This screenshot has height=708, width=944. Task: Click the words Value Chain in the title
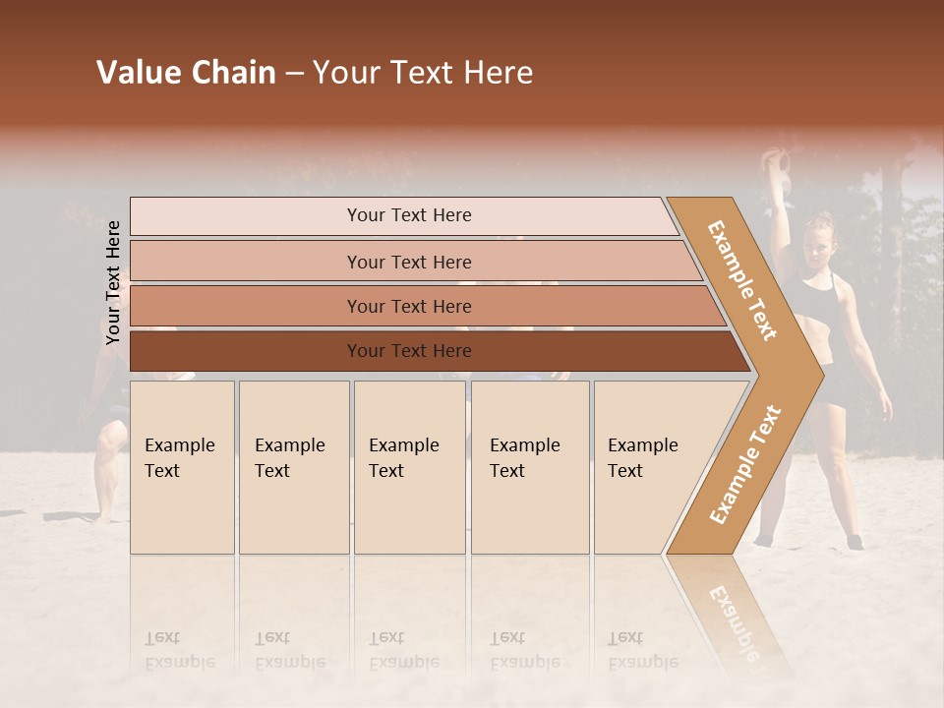coord(186,73)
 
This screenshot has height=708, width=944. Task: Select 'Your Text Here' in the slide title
coord(423,73)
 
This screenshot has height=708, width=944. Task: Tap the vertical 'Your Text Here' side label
coord(113,282)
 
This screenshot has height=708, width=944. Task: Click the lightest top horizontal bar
coord(408,215)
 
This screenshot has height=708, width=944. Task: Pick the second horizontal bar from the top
coord(408,262)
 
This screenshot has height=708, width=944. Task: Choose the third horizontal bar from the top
coord(408,306)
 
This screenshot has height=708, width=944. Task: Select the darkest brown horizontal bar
coord(408,351)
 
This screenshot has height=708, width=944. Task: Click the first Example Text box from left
coord(182,467)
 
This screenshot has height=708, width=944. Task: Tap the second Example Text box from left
coord(293,467)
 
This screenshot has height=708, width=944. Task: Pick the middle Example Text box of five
coord(409,467)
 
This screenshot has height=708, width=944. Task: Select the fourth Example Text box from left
coord(529,467)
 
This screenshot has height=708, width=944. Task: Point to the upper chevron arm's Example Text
coord(742,280)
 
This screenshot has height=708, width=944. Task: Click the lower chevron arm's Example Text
coord(745,464)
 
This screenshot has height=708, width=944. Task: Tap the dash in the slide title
coord(294,74)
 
